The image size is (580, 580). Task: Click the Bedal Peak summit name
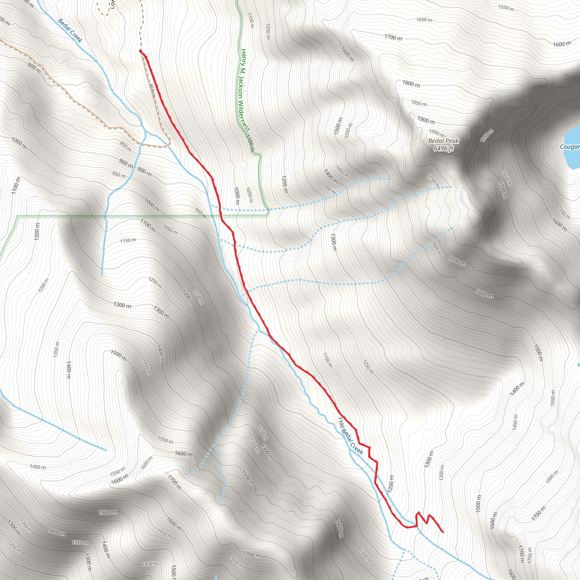pyautogui.click(x=443, y=141)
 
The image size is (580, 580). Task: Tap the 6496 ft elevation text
pyautogui.click(x=443, y=148)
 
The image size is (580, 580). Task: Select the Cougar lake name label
pyautogui.click(x=570, y=147)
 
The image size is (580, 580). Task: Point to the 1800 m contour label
pyautogui.click(x=411, y=84)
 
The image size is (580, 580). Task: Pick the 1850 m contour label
pyautogui.click(x=419, y=103)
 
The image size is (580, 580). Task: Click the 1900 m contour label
pyautogui.click(x=426, y=120)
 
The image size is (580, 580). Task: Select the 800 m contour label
pyautogui.click(x=34, y=69)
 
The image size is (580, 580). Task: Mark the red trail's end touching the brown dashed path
pyautogui.click(x=140, y=51)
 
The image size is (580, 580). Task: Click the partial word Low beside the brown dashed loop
pyautogui.click(x=113, y=5)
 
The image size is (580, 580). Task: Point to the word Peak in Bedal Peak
pyautogui.click(x=452, y=141)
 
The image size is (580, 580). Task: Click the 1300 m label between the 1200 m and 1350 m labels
pyautogui.click(x=429, y=459)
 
